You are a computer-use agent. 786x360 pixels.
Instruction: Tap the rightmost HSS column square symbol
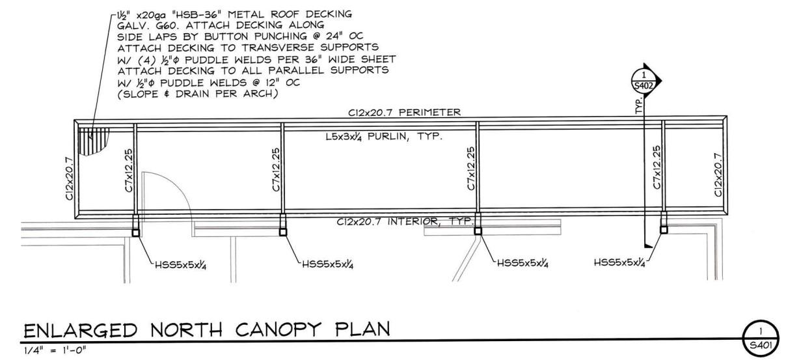point(664,228)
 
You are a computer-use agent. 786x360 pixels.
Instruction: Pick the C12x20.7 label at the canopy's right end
point(718,174)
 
